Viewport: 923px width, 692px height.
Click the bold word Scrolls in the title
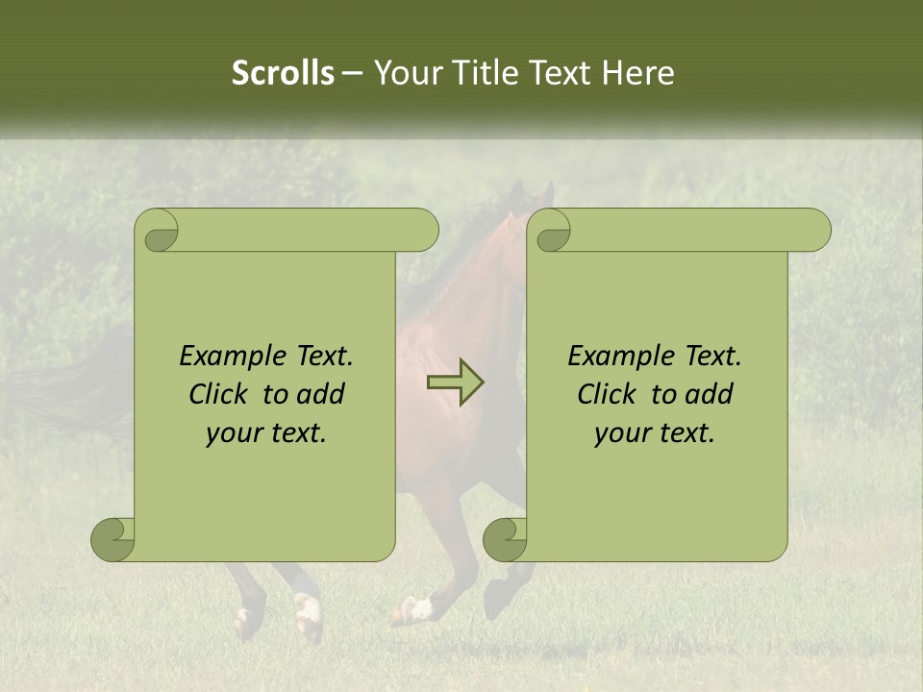point(283,73)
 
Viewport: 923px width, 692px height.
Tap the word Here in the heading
point(638,73)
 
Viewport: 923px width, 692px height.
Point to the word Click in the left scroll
point(217,394)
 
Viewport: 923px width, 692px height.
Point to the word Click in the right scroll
point(606,394)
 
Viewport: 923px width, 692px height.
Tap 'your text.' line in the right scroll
point(655,433)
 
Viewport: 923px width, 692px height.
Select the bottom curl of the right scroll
point(506,539)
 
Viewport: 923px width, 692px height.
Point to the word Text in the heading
point(562,73)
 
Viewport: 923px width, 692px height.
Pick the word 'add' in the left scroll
point(320,394)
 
